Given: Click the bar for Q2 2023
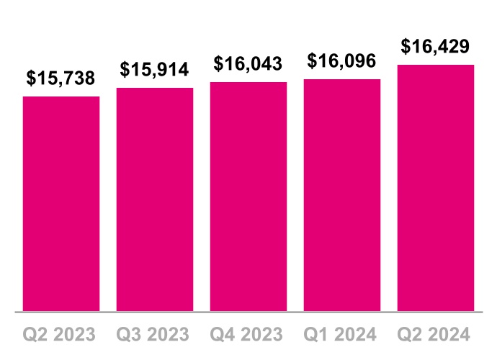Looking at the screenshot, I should (x=61, y=204).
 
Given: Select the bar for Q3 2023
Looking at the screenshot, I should (x=155, y=199).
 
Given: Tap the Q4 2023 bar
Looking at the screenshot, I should (x=248, y=197).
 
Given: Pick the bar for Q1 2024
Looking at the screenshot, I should (x=342, y=195).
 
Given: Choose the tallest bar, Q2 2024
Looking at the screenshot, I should (x=436, y=188).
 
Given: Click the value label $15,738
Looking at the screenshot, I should (x=61, y=78).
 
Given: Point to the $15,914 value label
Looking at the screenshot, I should (x=155, y=70).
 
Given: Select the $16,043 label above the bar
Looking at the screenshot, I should (x=248, y=64).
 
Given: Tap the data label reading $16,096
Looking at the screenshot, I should (x=342, y=61).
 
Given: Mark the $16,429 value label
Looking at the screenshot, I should (x=436, y=47).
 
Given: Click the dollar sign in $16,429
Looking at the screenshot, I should (x=406, y=47).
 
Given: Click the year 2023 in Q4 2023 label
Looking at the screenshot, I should (x=264, y=335).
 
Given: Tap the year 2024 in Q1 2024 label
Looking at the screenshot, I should (x=358, y=335).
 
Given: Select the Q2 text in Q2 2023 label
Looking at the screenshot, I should (x=35, y=335).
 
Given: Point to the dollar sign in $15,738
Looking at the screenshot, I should (x=31, y=78).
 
